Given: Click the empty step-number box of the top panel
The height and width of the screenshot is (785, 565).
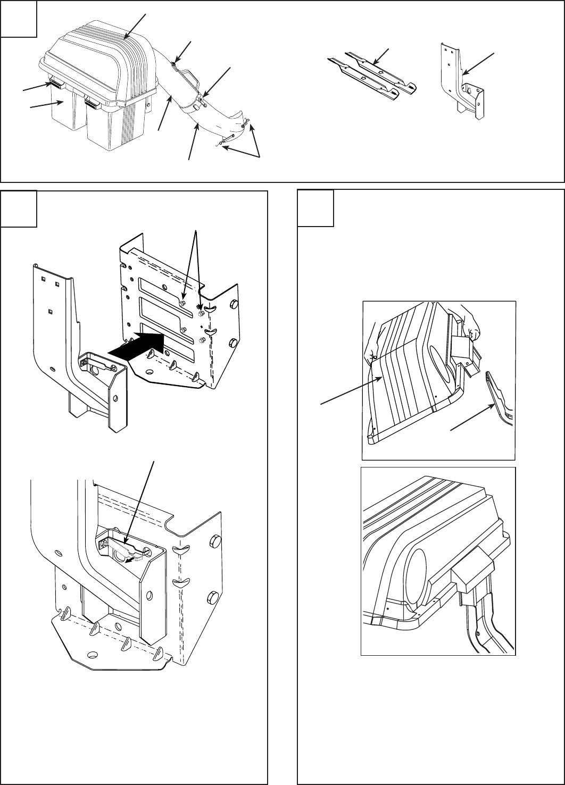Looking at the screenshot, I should coord(19,19).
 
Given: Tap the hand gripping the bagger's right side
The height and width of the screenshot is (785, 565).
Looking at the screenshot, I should coord(470,324).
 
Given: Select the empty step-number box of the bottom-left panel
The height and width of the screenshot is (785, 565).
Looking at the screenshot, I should coord(19,209).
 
